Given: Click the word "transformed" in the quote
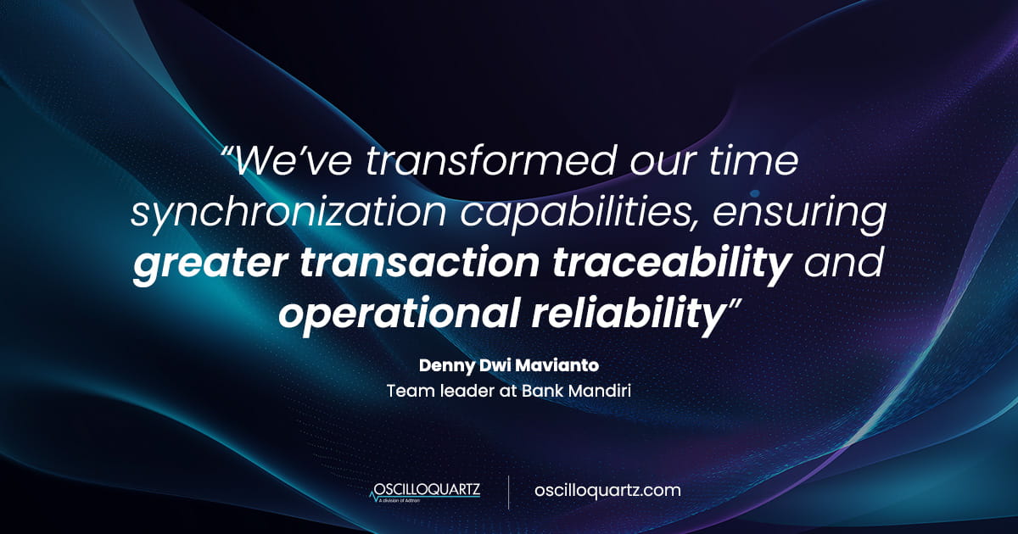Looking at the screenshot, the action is (x=491, y=161).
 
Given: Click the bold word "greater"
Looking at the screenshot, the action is (x=210, y=265).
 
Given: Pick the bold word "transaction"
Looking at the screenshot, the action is (x=419, y=264).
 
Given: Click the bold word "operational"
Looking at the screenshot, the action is (x=398, y=315).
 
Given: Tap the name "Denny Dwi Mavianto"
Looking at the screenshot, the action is (x=509, y=365).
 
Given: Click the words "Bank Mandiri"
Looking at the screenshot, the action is (x=576, y=391).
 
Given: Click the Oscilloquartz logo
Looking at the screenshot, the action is (x=425, y=492).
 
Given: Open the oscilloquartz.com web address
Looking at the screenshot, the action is (x=607, y=491).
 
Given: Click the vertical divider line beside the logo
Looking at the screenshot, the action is (x=508, y=492).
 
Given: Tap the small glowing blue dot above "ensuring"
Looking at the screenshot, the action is (x=755, y=193).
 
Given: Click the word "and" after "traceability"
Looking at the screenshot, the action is (x=844, y=264).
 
